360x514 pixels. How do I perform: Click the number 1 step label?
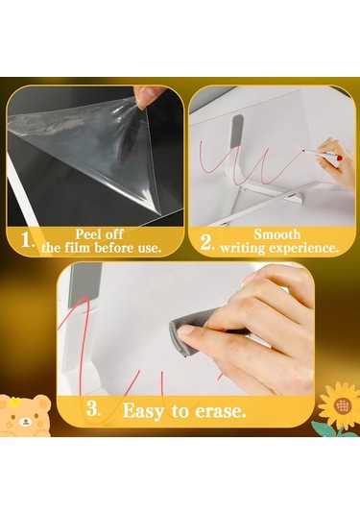coord(27,240)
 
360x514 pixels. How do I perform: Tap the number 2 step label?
coord(207,243)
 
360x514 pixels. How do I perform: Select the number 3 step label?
coord(93,408)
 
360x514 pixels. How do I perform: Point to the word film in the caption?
coord(77,248)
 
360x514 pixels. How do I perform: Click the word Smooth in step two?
coord(277,234)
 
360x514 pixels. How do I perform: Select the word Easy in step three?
coord(143,411)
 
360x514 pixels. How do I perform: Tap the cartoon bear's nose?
coord(25,420)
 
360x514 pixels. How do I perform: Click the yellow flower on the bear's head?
coord(13,402)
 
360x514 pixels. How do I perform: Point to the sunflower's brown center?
coord(343,405)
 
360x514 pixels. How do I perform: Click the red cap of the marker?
coord(340,158)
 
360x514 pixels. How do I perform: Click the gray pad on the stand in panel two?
coord(236,131)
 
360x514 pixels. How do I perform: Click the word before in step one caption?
coord(112,248)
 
